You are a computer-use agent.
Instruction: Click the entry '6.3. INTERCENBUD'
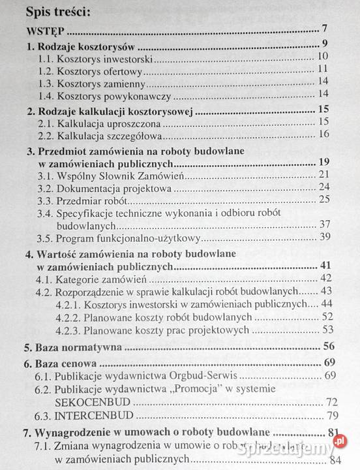click(x=80, y=415)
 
